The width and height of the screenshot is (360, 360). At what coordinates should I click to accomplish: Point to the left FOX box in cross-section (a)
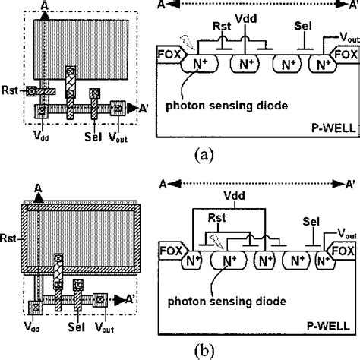pyautogui.click(x=169, y=55)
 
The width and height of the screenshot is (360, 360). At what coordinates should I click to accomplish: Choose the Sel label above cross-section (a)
pyautogui.click(x=300, y=26)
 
